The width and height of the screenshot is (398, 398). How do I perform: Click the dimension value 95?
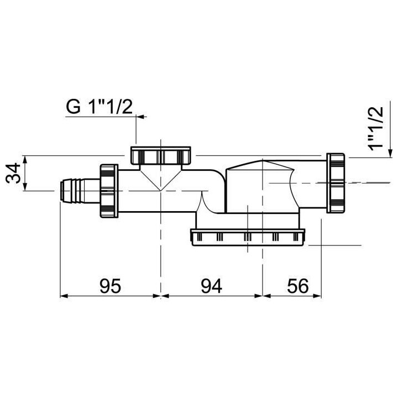110,285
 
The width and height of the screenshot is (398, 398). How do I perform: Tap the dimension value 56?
298,285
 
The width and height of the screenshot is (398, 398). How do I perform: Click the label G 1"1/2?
99,107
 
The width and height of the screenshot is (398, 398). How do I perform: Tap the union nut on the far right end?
336,182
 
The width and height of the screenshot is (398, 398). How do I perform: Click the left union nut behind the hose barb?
109,191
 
